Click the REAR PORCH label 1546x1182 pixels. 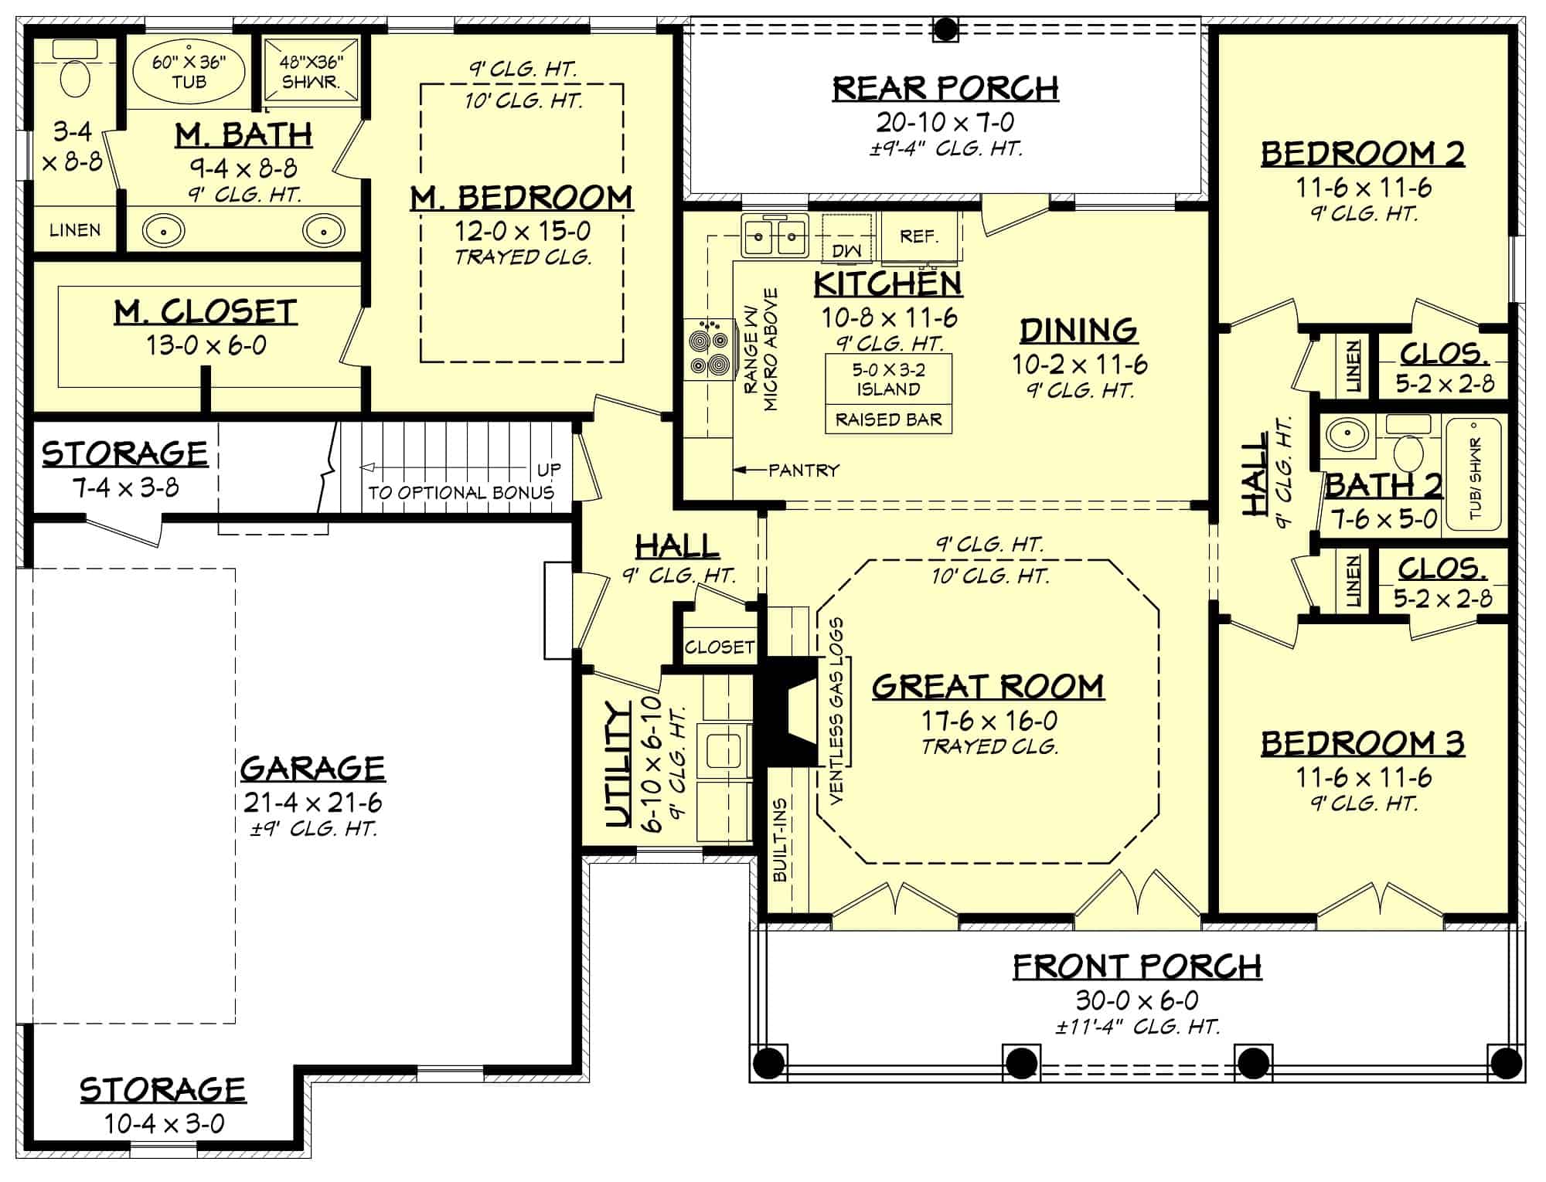[945, 88]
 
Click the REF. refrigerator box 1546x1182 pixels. [918, 236]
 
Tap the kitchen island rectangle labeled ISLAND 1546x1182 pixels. [888, 379]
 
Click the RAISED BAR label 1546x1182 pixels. [888, 419]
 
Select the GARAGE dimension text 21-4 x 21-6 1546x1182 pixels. [313, 803]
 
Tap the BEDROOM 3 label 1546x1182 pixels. [1363, 743]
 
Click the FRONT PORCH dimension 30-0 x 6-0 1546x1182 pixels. [1137, 1000]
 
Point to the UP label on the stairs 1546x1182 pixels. [549, 470]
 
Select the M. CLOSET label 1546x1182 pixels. [206, 312]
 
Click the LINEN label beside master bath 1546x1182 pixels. [75, 230]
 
